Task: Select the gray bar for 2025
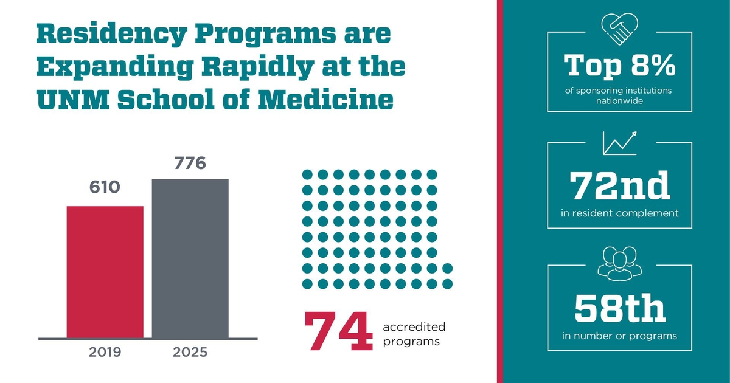click(x=190, y=258)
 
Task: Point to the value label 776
click(x=190, y=163)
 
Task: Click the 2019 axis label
click(x=105, y=353)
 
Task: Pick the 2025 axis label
click(x=190, y=353)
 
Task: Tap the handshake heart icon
click(x=619, y=29)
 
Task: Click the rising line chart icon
click(x=619, y=142)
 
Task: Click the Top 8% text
click(x=619, y=66)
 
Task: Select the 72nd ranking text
click(x=619, y=185)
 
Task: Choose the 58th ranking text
click(x=619, y=309)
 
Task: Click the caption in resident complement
click(x=619, y=213)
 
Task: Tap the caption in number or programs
click(x=619, y=335)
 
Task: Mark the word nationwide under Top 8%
click(x=619, y=101)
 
